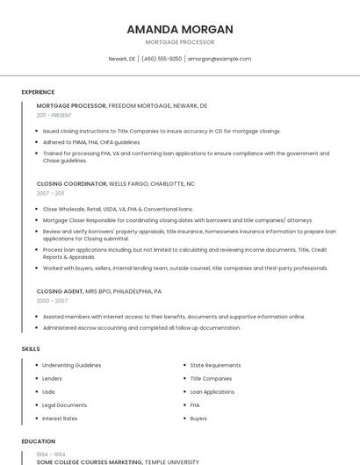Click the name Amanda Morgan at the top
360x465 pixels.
click(180, 29)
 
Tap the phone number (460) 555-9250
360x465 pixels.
click(162, 59)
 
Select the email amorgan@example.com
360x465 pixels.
click(220, 59)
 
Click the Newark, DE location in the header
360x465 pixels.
click(122, 59)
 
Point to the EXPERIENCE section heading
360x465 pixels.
click(38, 92)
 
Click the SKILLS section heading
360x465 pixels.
click(31, 349)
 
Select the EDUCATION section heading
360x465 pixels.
click(39, 441)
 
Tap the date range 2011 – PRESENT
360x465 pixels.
click(54, 115)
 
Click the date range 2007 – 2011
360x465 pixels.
click(50, 193)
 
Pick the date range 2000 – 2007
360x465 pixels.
click(52, 300)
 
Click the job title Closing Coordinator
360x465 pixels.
click(71, 184)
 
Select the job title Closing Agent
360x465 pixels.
click(60, 291)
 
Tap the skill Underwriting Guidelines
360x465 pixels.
click(72, 365)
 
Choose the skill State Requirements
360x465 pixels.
click(215, 365)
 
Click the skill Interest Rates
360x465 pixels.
click(61, 418)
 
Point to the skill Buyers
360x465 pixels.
click(198, 418)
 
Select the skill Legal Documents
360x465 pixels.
click(65, 405)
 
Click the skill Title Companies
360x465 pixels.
click(211, 378)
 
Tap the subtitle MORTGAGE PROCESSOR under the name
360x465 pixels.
click(180, 42)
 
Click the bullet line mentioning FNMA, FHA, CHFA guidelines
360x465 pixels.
click(91, 141)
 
